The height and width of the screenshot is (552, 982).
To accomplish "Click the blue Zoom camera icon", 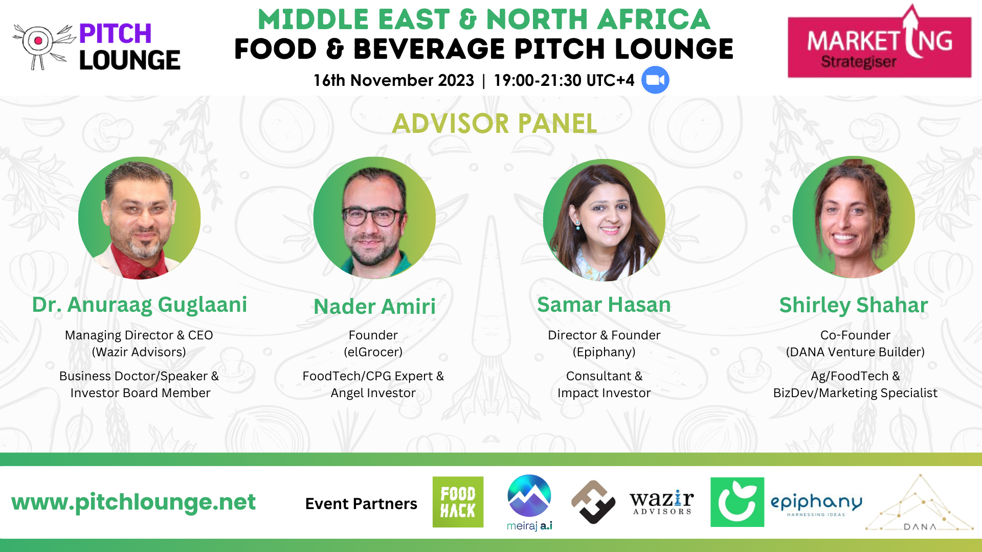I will [655, 80].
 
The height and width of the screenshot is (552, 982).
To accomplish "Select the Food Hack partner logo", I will [458, 502].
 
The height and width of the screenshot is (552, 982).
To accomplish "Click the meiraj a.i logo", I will [529, 502].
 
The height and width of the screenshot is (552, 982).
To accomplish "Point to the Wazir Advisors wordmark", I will [661, 502].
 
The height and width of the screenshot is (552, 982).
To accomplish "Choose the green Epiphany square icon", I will [737, 502].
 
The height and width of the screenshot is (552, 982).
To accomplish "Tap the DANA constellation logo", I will [919, 504].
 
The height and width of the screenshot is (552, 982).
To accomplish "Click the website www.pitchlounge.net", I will [133, 502].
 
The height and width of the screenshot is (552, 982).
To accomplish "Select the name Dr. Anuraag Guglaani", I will [140, 305].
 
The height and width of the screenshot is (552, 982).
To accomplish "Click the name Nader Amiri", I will [374, 307].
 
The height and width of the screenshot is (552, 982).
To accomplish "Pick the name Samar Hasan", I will [604, 305].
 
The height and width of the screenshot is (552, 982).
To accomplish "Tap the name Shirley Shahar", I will [853, 305].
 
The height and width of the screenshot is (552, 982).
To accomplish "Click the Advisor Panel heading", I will [495, 124].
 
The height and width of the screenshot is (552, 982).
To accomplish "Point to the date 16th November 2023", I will [394, 80].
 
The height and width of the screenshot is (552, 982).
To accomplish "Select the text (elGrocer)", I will [373, 352].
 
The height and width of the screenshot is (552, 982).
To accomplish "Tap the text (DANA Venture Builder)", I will [855, 352].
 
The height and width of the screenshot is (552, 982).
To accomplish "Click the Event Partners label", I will [361, 503].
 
